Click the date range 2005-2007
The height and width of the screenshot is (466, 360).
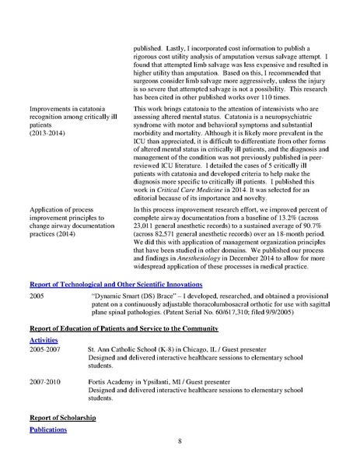coord(44,352)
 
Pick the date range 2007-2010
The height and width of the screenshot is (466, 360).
coord(44,383)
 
